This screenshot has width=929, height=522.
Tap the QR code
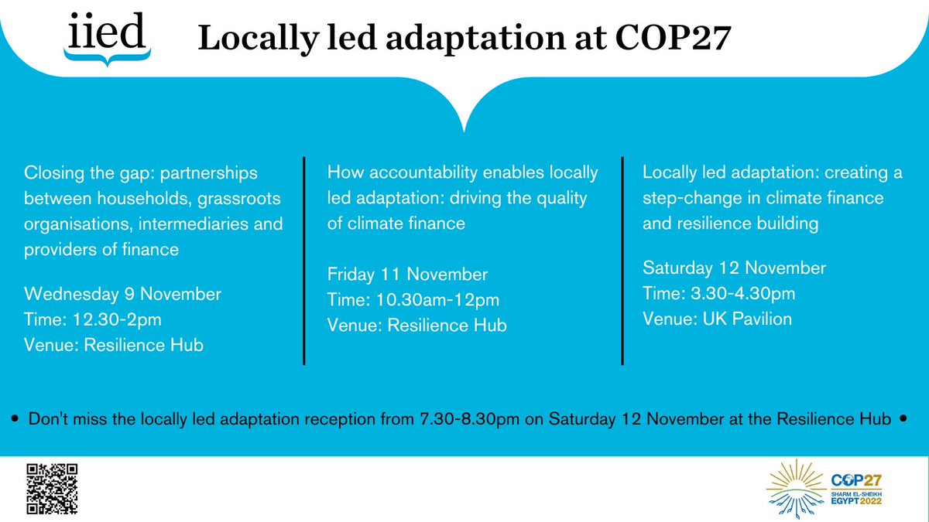click(x=53, y=489)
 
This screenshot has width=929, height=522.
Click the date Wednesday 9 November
click(x=123, y=294)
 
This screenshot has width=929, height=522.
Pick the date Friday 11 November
click(x=407, y=275)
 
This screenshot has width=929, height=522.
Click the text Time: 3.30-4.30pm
click(x=719, y=294)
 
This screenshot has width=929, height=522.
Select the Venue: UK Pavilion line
click(x=718, y=319)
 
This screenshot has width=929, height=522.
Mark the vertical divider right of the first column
click(x=303, y=260)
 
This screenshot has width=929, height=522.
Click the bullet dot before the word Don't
click(x=16, y=420)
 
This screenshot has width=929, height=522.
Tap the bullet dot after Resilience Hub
click(x=903, y=420)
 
